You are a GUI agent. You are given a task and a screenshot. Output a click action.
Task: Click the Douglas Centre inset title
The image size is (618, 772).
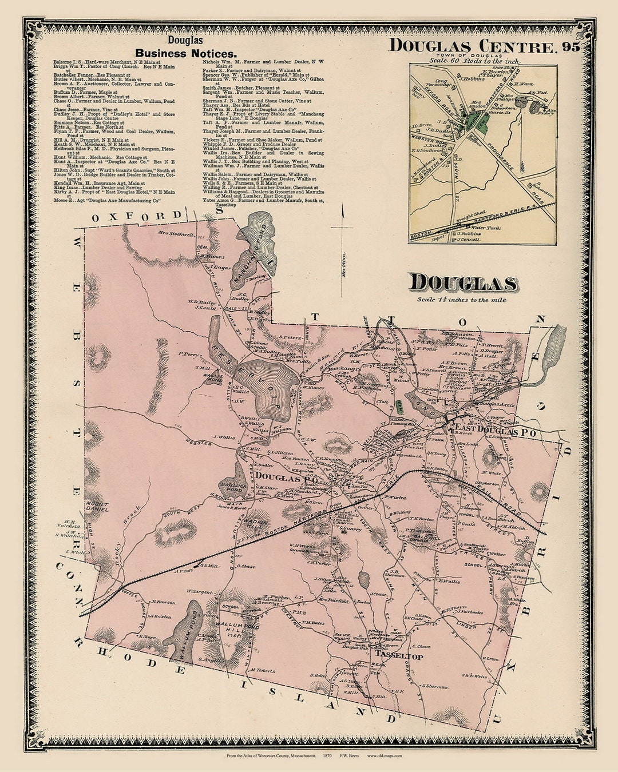pyautogui.click(x=473, y=46)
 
